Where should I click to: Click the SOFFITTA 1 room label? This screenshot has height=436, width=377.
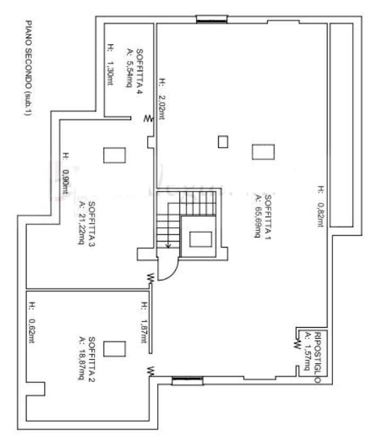tap(268, 217)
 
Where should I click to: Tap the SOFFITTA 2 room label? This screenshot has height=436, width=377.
tap(91, 359)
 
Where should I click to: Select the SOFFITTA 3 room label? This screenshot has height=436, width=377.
tap(91, 224)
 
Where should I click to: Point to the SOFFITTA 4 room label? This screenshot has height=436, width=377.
tap(139, 72)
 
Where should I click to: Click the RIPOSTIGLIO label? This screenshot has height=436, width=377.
tap(317, 357)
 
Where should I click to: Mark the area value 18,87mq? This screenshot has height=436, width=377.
tap(81, 358)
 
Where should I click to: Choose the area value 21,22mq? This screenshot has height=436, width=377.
tap(81, 223)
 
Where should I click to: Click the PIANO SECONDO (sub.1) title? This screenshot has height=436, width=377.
tap(28, 67)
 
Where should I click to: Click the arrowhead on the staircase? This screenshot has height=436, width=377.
tap(168, 245)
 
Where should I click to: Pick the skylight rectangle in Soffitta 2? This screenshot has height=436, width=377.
tap(115, 349)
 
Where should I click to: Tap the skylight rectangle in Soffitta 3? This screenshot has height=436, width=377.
tap(115, 155)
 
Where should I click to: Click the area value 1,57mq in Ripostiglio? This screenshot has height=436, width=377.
tap(307, 352)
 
